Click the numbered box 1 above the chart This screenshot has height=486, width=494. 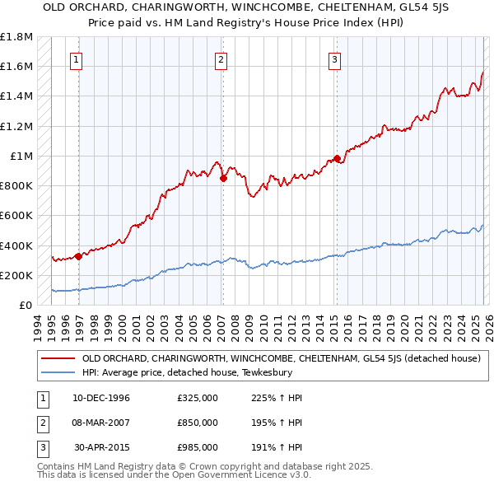[76, 58]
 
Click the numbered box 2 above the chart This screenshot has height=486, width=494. [221, 58]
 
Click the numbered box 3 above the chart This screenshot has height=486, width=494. [335, 58]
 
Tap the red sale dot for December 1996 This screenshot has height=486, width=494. [79, 256]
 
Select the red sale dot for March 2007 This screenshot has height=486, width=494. [223, 178]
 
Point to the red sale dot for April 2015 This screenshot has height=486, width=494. [337, 158]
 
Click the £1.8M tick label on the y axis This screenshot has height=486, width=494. [16, 37]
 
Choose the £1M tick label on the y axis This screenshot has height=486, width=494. [21, 157]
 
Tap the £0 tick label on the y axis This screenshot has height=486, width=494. [25, 306]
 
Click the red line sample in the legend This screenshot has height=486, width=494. [58, 358]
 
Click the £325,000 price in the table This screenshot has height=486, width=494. [198, 398]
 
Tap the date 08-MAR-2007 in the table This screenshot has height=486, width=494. [101, 423]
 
